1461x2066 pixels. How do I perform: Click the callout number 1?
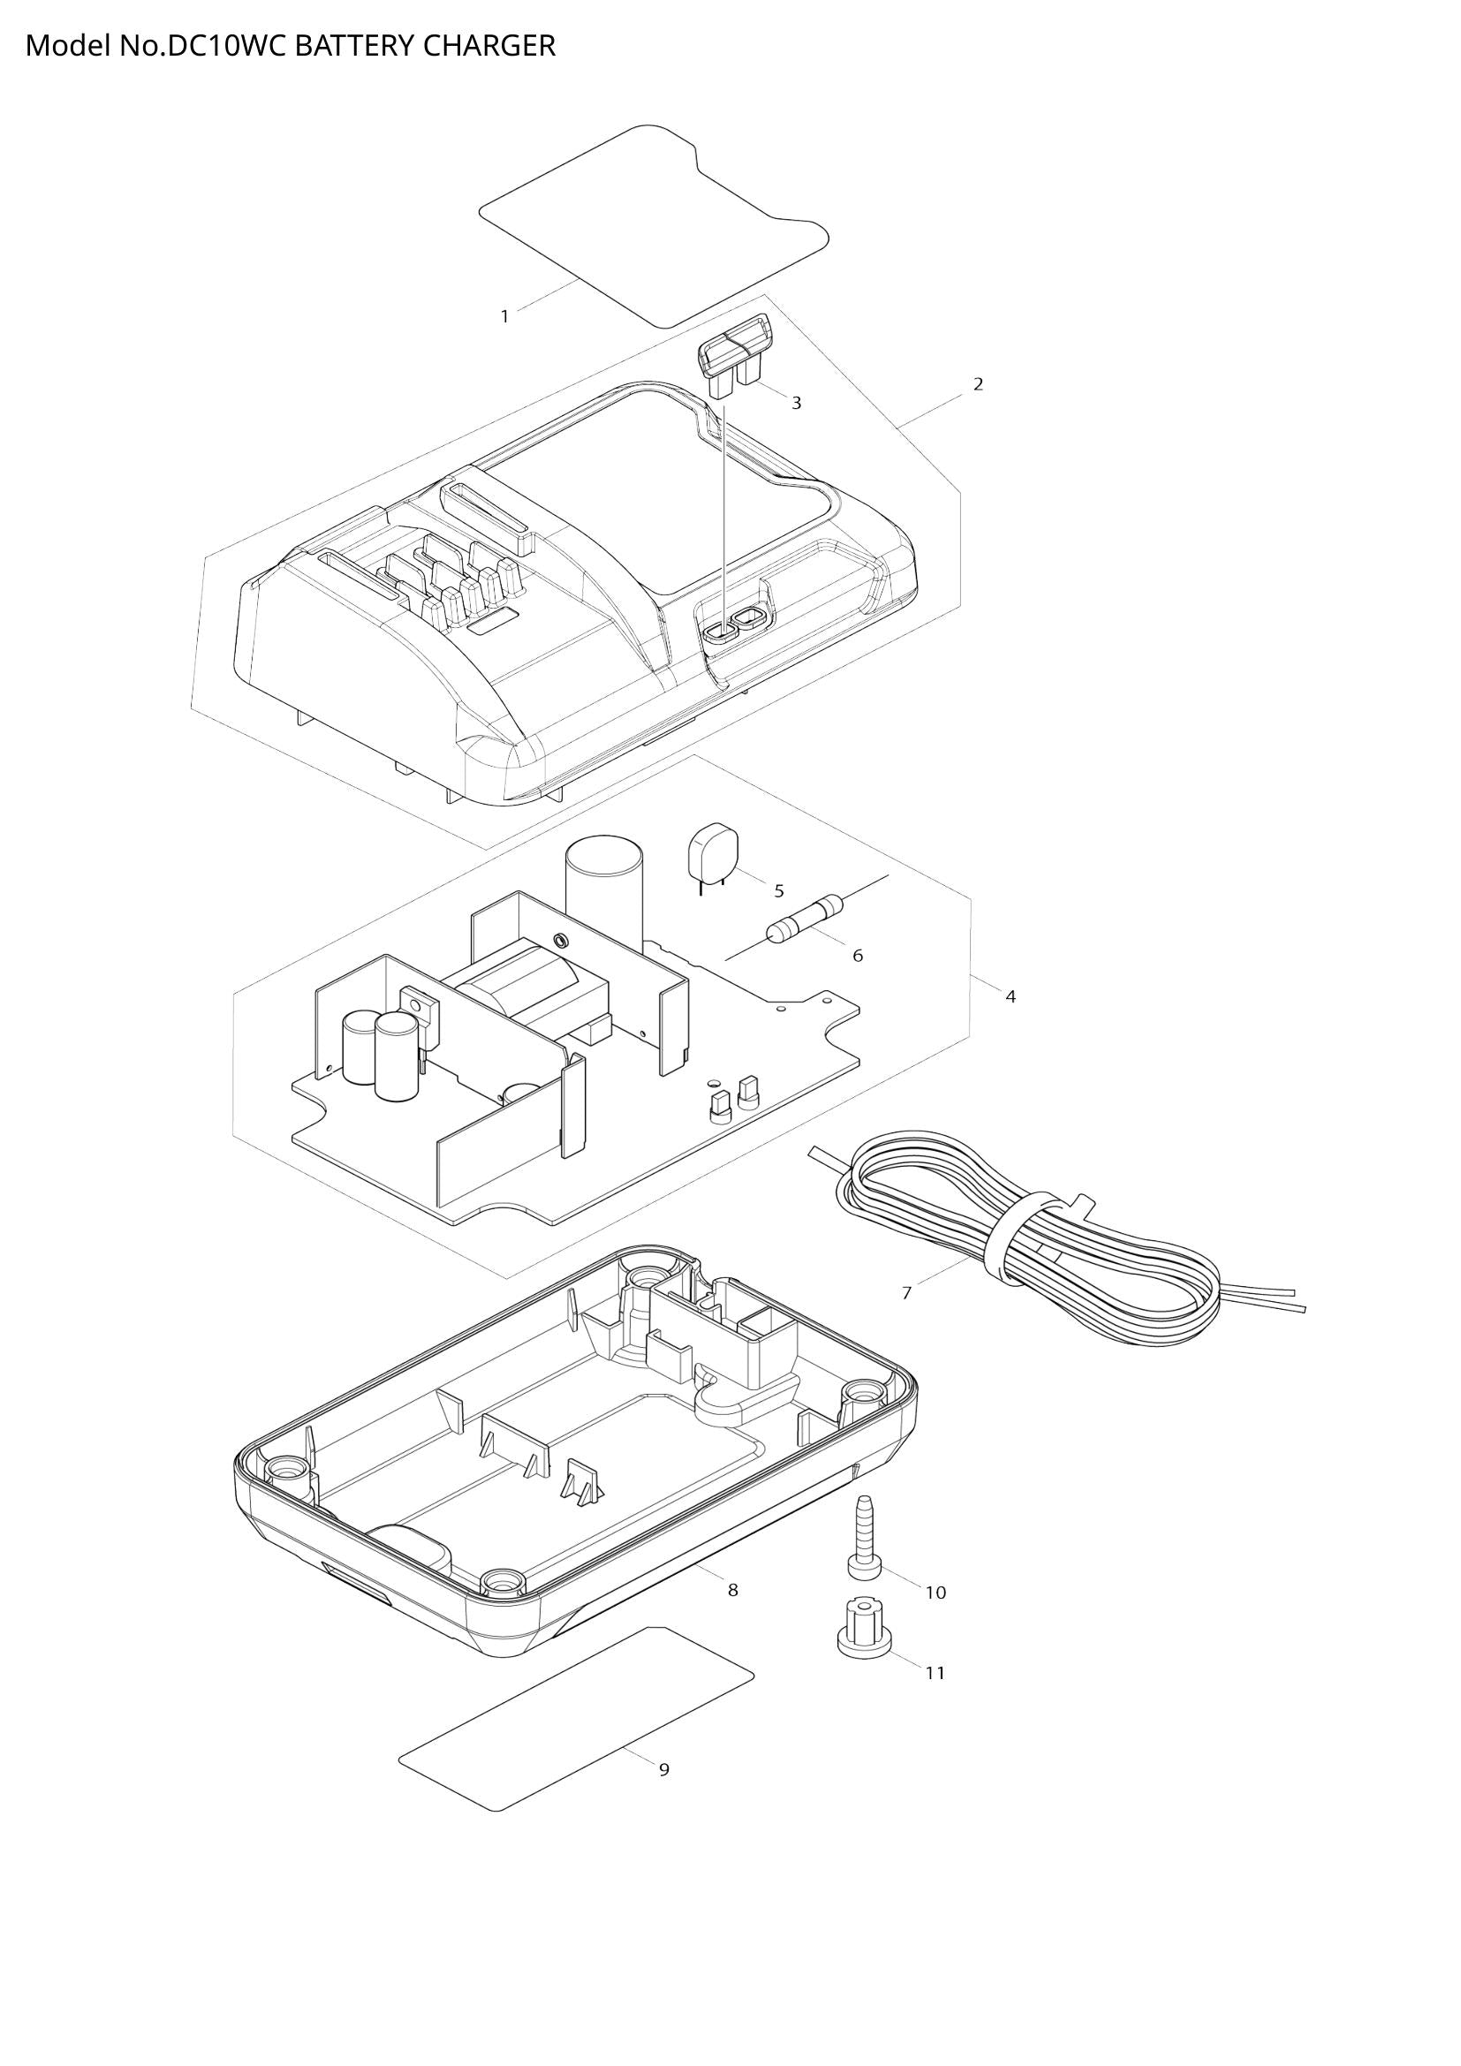point(504,317)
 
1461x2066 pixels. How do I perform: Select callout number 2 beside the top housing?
point(978,384)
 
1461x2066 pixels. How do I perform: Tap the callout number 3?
point(796,403)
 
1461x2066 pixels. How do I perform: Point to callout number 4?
point(1011,997)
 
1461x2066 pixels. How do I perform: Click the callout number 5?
point(779,891)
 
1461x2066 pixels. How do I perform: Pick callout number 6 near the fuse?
point(858,956)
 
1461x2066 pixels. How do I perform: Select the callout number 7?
point(907,1293)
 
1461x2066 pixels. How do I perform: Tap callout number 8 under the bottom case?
point(733,1590)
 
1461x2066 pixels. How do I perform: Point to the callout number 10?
point(935,1593)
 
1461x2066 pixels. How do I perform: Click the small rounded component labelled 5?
point(713,852)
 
